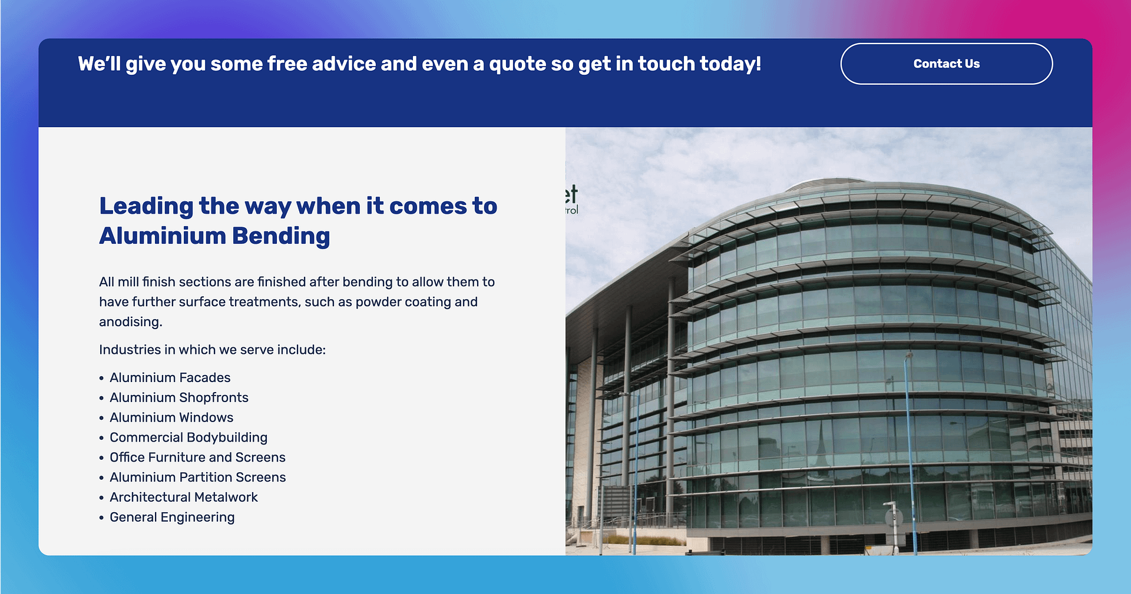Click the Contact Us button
pyautogui.click(x=946, y=64)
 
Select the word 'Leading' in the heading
pyautogui.click(x=146, y=207)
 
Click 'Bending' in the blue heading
pyautogui.click(x=281, y=236)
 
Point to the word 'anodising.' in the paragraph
pyautogui.click(x=131, y=322)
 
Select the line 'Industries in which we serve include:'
pyautogui.click(x=212, y=350)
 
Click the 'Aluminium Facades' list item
pyautogui.click(x=170, y=377)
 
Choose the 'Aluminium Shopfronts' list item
pyautogui.click(x=179, y=397)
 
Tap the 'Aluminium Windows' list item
pyautogui.click(x=171, y=417)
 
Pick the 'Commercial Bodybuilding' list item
pyautogui.click(x=188, y=437)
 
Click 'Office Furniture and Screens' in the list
pyautogui.click(x=197, y=457)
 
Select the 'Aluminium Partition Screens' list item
pyautogui.click(x=197, y=477)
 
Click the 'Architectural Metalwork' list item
pyautogui.click(x=184, y=497)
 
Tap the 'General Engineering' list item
pyautogui.click(x=172, y=517)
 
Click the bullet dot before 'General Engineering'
pyautogui.click(x=101, y=518)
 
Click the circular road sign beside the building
pyautogui.click(x=894, y=517)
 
